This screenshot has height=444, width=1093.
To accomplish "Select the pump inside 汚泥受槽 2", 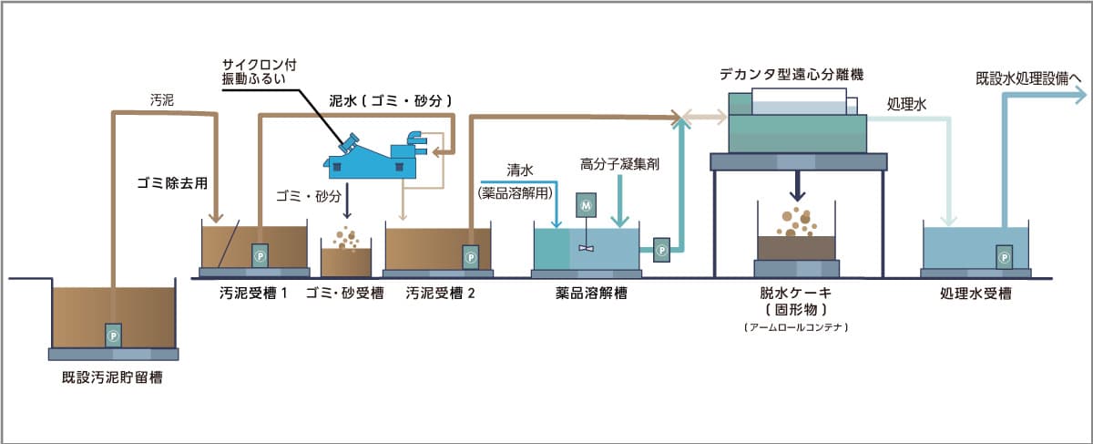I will [471, 256].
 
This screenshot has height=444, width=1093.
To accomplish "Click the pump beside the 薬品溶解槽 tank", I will [662, 246].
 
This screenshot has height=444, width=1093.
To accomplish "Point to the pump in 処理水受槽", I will [1003, 257].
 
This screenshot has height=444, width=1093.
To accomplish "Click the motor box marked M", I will [587, 208].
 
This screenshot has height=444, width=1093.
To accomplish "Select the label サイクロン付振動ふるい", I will [259, 73].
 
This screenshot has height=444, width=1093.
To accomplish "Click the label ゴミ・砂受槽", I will [344, 294].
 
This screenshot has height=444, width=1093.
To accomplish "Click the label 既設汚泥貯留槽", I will [114, 376].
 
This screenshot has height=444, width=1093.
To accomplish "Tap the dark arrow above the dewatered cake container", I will [797, 187].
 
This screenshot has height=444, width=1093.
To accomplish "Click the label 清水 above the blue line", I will [520, 170].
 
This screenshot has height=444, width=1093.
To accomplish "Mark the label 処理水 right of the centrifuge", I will [905, 106].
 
